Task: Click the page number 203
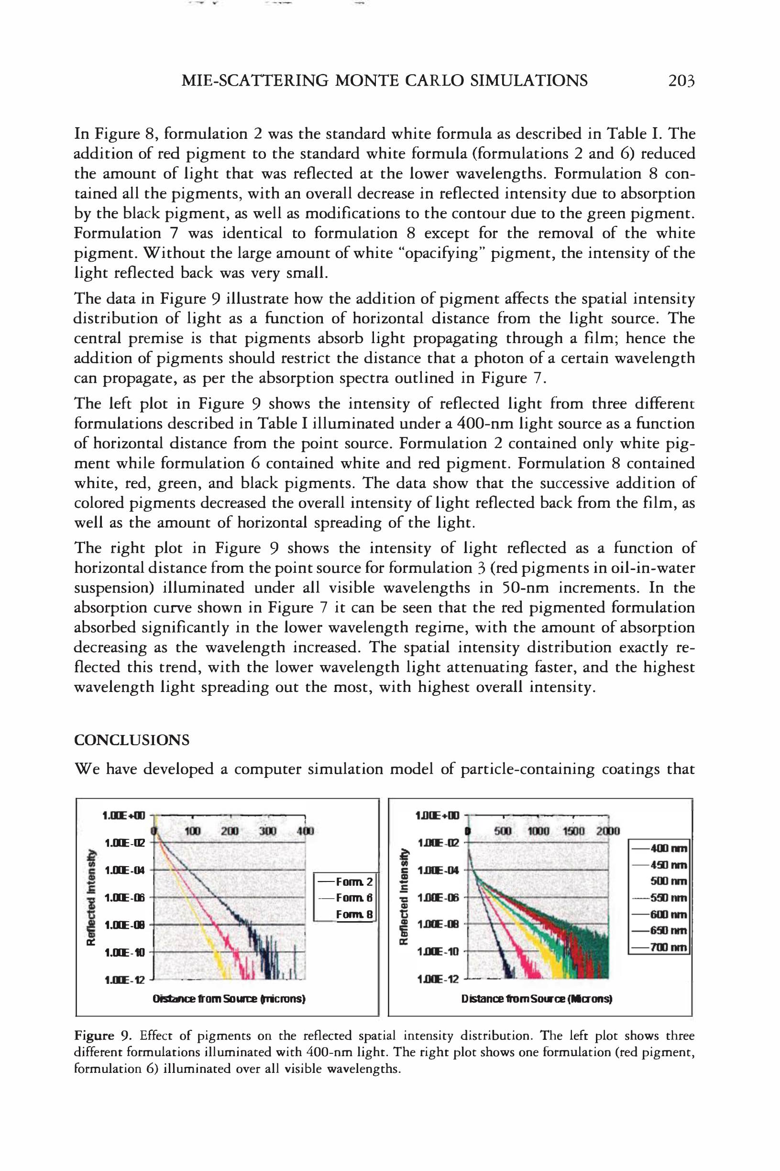pyautogui.click(x=681, y=80)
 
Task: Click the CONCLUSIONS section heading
pyautogui.click(x=132, y=740)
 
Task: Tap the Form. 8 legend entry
pyautogui.click(x=354, y=914)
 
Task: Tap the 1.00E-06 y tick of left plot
pyautogui.click(x=124, y=898)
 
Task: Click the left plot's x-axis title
pyautogui.click(x=229, y=999)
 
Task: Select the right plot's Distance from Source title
pyautogui.click(x=536, y=999)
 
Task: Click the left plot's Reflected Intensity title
pyautogui.click(x=91, y=897)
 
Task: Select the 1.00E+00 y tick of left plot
pyautogui.click(x=124, y=815)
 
